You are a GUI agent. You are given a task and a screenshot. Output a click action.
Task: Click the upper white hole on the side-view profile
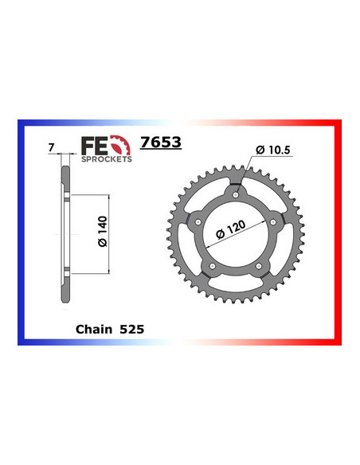coord(63,195)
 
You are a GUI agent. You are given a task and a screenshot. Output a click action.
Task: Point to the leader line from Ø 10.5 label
coord(248,171)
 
